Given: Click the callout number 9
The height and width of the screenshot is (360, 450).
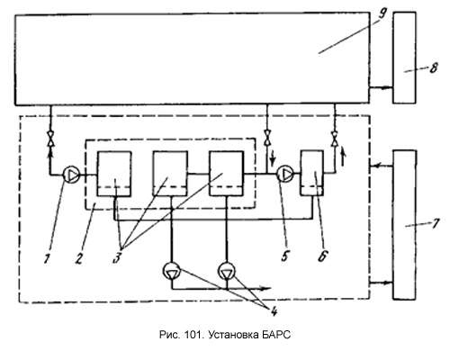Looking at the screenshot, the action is click(x=382, y=13).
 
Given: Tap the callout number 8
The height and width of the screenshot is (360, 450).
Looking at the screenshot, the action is click(x=434, y=67).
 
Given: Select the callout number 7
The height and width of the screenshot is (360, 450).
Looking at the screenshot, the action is click(x=436, y=223).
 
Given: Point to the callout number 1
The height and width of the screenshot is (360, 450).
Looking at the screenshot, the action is click(x=47, y=258).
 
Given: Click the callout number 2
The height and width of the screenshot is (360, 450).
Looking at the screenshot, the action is click(x=78, y=258).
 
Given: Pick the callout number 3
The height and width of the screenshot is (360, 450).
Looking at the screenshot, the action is click(x=117, y=257).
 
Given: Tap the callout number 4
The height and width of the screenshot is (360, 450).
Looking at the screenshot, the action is click(x=274, y=311).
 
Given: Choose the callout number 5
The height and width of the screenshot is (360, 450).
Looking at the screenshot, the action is click(x=284, y=256).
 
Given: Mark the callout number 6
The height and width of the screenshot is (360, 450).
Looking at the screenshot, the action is click(x=323, y=256).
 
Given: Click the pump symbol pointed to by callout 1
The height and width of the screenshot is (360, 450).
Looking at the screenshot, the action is click(x=71, y=175).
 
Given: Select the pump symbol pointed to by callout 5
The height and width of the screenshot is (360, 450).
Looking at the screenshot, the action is click(x=285, y=174).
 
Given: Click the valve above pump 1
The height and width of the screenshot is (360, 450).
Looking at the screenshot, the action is click(x=50, y=139).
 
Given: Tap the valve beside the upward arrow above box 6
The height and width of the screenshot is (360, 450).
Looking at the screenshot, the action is click(x=335, y=139).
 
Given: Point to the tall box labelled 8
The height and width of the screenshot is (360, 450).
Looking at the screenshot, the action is click(x=404, y=58).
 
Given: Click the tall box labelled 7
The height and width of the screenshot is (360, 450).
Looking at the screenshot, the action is click(x=404, y=225).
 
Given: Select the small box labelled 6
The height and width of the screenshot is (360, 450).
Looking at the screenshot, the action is click(x=312, y=173).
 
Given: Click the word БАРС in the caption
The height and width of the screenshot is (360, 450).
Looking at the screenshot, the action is click(x=275, y=335).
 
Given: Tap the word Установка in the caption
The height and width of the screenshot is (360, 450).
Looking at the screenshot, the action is click(x=232, y=335).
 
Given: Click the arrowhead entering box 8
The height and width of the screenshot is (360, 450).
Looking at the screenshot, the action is click(x=389, y=88).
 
